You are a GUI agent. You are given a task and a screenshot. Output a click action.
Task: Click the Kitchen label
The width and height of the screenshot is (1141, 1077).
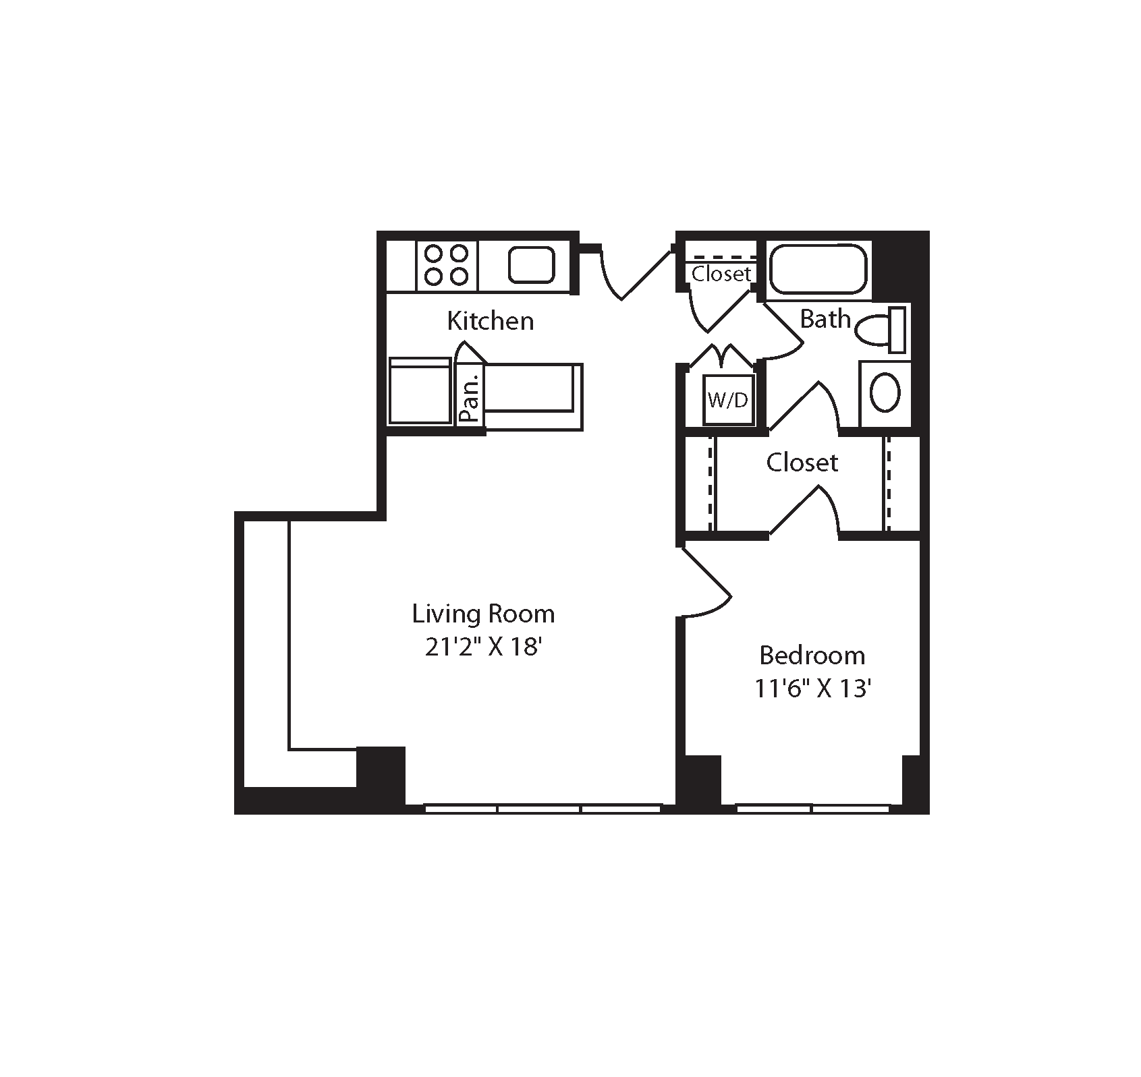point(490,321)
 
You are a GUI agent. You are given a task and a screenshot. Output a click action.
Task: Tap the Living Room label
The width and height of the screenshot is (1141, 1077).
point(483,614)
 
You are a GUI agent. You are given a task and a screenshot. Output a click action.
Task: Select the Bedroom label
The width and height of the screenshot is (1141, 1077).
point(812,655)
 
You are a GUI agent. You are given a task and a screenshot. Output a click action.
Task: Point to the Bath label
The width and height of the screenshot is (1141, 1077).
point(825,318)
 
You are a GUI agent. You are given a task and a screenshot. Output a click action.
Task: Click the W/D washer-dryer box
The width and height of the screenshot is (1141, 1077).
point(728,400)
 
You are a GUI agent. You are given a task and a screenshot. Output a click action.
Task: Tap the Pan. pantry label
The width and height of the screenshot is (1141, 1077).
point(471,397)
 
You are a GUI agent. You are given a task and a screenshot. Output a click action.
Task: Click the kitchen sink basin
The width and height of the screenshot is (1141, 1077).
point(531,265)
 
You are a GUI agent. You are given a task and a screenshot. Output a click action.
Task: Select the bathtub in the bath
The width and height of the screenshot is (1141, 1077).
point(818,269)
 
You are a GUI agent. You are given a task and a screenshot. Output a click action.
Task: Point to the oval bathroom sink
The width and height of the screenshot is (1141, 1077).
point(885,393)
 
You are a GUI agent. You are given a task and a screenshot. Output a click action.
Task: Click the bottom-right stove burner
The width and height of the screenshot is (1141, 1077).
point(459,276)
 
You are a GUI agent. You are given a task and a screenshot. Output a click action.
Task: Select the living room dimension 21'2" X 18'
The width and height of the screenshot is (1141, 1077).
point(484,647)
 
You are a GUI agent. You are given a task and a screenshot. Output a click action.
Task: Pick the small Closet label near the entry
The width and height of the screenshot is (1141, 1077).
point(721,274)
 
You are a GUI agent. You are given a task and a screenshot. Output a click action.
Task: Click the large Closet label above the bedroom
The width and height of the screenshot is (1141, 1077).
point(802,463)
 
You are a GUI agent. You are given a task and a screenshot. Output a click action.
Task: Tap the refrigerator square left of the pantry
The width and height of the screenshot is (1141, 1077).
point(420,391)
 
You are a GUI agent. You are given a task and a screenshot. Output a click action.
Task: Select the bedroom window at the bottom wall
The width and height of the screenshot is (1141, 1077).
point(812,807)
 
